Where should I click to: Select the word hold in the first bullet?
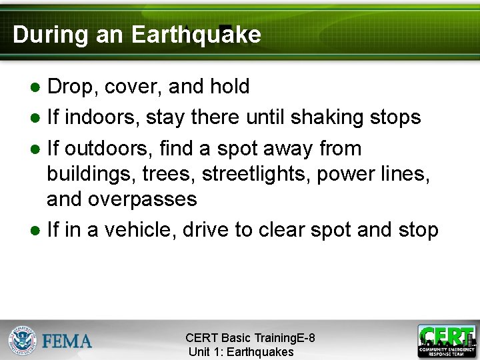click(229, 87)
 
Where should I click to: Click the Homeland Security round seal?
click(23, 340)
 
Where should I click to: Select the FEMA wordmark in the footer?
click(67, 341)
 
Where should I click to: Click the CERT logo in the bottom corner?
click(446, 340)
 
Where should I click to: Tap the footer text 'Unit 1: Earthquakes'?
click(241, 352)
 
